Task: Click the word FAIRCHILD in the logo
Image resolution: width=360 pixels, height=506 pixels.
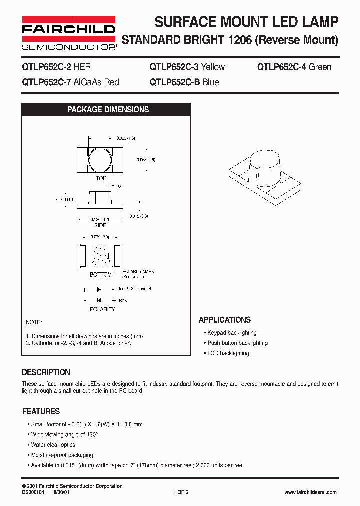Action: click(69, 30)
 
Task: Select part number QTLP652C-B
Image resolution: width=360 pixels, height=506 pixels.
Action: click(174, 82)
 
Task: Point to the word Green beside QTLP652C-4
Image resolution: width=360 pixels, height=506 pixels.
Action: click(320, 67)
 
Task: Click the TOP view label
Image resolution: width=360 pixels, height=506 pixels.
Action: click(101, 178)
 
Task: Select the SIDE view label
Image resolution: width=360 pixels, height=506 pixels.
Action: click(100, 225)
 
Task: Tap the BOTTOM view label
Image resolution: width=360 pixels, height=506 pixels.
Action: click(101, 275)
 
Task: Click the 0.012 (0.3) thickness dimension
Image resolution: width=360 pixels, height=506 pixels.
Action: click(139, 216)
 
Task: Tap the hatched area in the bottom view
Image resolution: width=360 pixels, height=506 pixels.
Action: click(102, 257)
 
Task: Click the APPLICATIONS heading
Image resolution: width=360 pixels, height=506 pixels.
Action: click(225, 320)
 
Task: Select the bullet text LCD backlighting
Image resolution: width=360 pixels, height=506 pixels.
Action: click(228, 353)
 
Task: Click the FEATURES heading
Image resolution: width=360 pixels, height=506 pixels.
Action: click(41, 412)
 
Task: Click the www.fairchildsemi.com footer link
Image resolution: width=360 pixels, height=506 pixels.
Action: click(310, 492)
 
